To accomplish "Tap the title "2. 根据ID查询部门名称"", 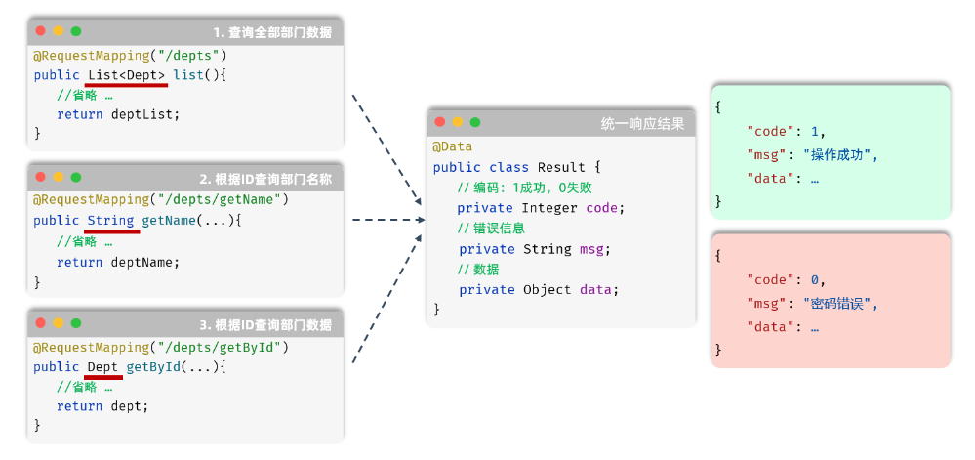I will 265,179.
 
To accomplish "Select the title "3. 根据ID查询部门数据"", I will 265,324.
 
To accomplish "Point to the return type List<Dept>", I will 126,74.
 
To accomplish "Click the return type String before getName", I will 110,221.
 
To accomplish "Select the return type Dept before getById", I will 102,366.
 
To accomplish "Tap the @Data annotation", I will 453,146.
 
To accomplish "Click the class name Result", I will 562,167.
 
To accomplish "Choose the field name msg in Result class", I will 591,249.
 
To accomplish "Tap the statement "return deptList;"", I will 118,113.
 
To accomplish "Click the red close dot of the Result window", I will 440,122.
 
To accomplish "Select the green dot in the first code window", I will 76,31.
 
